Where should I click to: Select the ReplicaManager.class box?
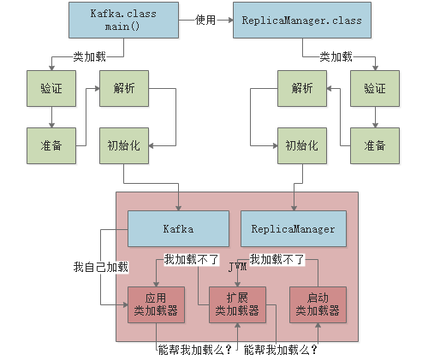[302, 20]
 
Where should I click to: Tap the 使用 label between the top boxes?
[205, 20]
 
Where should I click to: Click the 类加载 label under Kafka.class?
[90, 57]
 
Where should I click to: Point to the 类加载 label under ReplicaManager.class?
[336, 57]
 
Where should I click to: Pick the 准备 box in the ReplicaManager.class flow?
[375, 145]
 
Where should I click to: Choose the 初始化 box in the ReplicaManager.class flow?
[301, 145]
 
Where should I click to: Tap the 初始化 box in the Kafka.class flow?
[123, 145]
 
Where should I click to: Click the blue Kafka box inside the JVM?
[178, 229]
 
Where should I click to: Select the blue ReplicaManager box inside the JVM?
[294, 229]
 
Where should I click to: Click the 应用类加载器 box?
[156, 304]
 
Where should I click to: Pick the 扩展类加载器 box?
[237, 304]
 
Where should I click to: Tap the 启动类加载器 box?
[318, 304]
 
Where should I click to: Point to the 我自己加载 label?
[100, 267]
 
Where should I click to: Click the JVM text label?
[237, 268]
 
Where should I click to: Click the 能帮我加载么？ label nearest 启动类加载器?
[281, 350]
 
